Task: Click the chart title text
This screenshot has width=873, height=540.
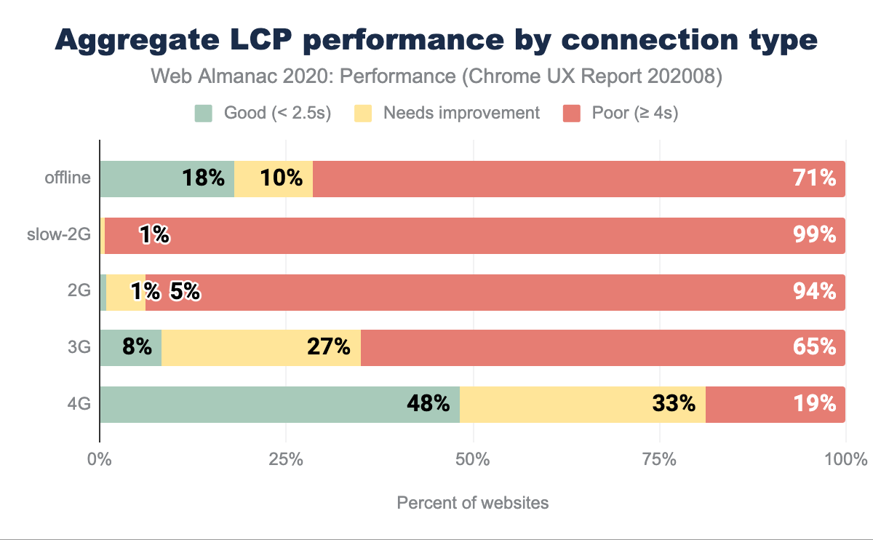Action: click(436, 40)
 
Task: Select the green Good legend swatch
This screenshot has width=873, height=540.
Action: click(203, 113)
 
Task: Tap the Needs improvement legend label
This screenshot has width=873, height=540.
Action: click(461, 113)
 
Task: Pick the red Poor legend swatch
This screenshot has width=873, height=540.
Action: click(572, 113)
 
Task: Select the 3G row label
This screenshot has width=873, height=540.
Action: click(79, 347)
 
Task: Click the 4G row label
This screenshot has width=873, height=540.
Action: click(79, 404)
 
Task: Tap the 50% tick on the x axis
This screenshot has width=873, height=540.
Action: click(473, 460)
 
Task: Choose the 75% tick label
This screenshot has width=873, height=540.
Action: click(660, 460)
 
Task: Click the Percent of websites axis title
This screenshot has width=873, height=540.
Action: click(473, 503)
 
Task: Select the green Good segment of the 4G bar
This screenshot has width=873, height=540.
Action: click(279, 405)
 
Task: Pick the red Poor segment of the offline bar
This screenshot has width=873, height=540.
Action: click(578, 179)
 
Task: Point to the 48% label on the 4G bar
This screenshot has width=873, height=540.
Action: click(428, 404)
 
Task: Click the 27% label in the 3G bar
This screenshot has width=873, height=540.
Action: click(329, 347)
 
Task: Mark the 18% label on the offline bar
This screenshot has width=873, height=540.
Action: click(204, 178)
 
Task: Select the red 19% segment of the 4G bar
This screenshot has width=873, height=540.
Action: click(775, 405)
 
